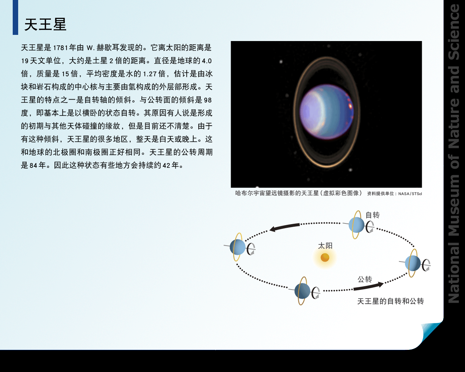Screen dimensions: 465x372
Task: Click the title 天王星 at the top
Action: tap(45, 24)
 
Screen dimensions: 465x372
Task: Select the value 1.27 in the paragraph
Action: tap(150, 74)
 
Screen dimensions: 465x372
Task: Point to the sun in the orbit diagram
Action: tap(325, 258)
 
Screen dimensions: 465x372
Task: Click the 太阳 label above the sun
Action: tap(325, 246)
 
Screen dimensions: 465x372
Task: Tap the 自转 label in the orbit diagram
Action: tap(372, 215)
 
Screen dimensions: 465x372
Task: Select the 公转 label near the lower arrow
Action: tap(365, 279)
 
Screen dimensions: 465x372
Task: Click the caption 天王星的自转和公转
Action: tap(391, 301)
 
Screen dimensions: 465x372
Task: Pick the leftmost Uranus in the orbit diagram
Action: tap(238, 247)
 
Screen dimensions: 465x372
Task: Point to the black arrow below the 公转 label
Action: tap(369, 286)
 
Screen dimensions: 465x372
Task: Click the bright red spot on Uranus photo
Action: tap(350, 106)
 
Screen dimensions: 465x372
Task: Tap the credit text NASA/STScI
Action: tap(410, 194)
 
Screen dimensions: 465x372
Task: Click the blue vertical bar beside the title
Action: tap(15, 17)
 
